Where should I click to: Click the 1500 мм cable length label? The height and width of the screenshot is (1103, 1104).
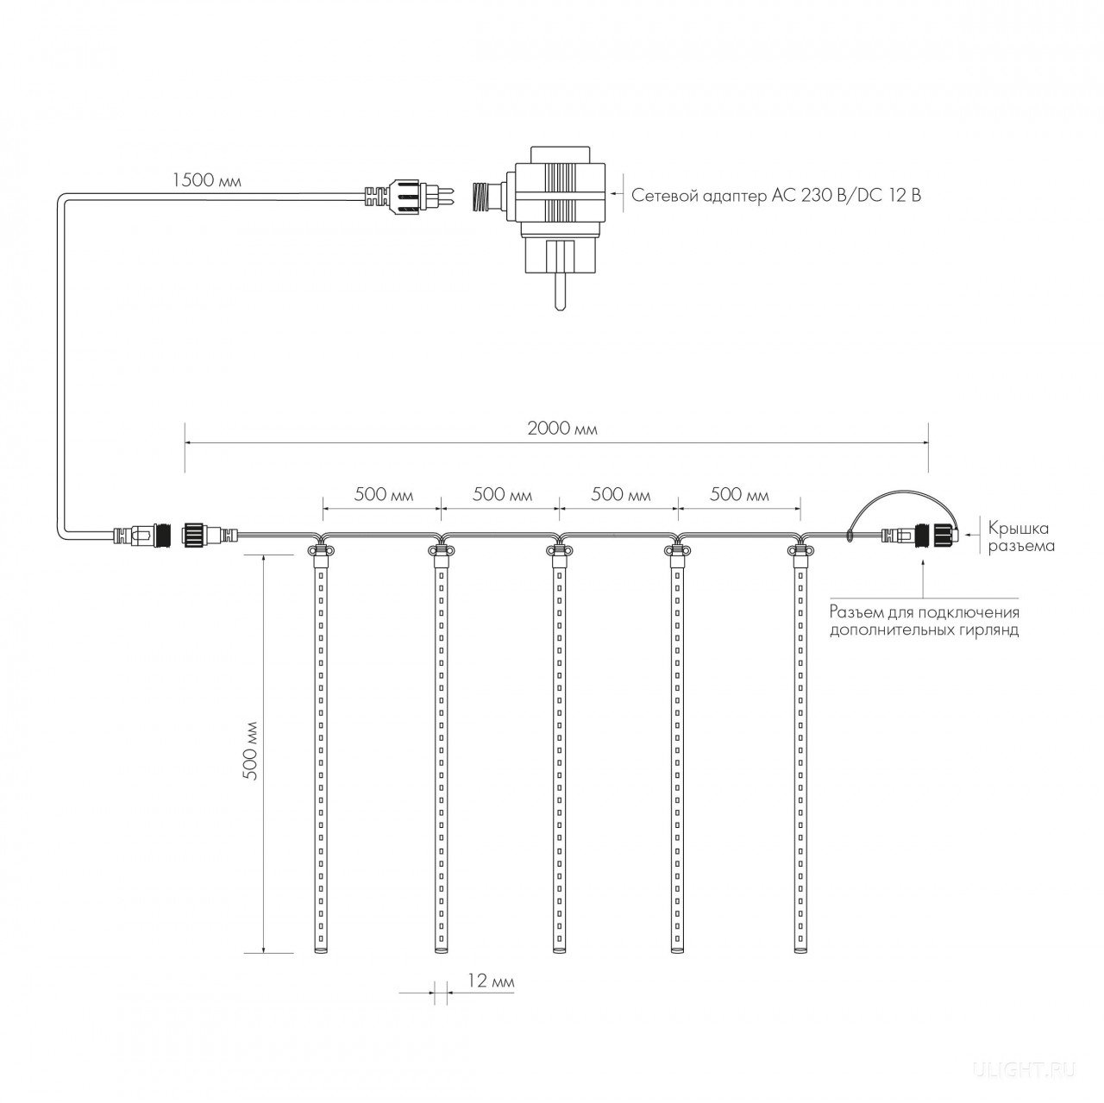(x=207, y=180)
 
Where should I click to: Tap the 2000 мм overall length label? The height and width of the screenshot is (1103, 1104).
(x=562, y=429)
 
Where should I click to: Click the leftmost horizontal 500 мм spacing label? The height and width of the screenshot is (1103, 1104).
(x=383, y=494)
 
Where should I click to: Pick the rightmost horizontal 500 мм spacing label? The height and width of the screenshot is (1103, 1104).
(x=739, y=494)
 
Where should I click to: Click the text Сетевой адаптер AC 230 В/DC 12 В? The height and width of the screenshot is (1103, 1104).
(x=776, y=196)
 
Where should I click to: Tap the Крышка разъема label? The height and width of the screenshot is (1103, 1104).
(x=1021, y=537)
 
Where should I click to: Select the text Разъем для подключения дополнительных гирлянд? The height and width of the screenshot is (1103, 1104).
(x=925, y=622)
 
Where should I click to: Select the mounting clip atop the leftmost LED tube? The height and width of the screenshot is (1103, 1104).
(x=321, y=551)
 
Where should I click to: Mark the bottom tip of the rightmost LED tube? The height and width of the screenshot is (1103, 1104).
(x=800, y=952)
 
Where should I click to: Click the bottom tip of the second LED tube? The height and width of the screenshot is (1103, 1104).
(x=440, y=952)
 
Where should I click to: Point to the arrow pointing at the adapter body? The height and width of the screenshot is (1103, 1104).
(x=616, y=195)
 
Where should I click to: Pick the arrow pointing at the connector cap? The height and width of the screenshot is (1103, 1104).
(x=972, y=536)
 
